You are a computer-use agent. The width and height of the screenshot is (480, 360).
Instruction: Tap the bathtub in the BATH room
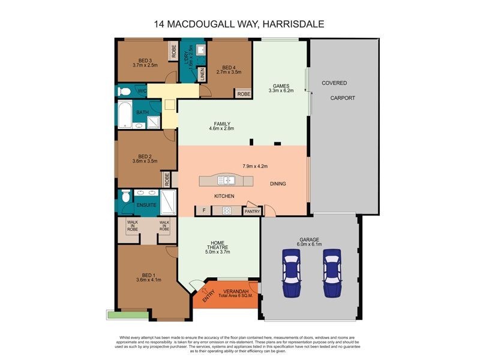[125, 115]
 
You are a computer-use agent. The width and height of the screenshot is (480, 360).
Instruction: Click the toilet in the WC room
[124, 91]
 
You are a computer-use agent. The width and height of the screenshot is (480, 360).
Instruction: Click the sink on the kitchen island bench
[229, 180]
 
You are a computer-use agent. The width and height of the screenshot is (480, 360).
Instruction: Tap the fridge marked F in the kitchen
[203, 211]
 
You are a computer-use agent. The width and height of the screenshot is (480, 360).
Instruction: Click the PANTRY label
[251, 211]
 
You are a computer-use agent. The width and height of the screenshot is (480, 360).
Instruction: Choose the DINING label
[278, 184]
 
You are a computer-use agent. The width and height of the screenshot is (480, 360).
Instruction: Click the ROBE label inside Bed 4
[243, 94]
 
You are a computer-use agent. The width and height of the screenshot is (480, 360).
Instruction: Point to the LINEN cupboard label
[203, 74]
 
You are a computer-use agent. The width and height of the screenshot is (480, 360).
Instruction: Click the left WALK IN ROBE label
[131, 226]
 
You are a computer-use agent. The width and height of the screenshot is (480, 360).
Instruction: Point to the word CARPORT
[342, 98]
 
